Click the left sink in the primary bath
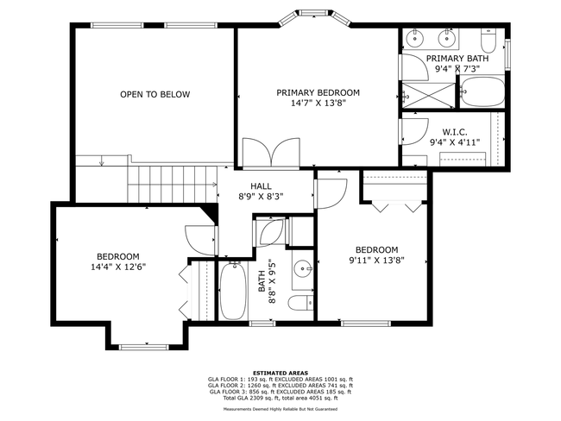[x=415, y=38]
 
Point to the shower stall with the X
[x=429, y=91]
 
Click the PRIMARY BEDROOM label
[x=318, y=92]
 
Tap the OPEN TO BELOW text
[x=154, y=94]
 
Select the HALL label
[x=261, y=185]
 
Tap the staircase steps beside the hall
[x=173, y=183]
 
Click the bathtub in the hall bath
[x=233, y=291]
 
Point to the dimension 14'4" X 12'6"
[x=117, y=267]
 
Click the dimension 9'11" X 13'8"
[x=376, y=260]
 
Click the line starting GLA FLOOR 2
[x=280, y=385]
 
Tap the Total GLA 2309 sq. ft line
[x=280, y=398]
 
